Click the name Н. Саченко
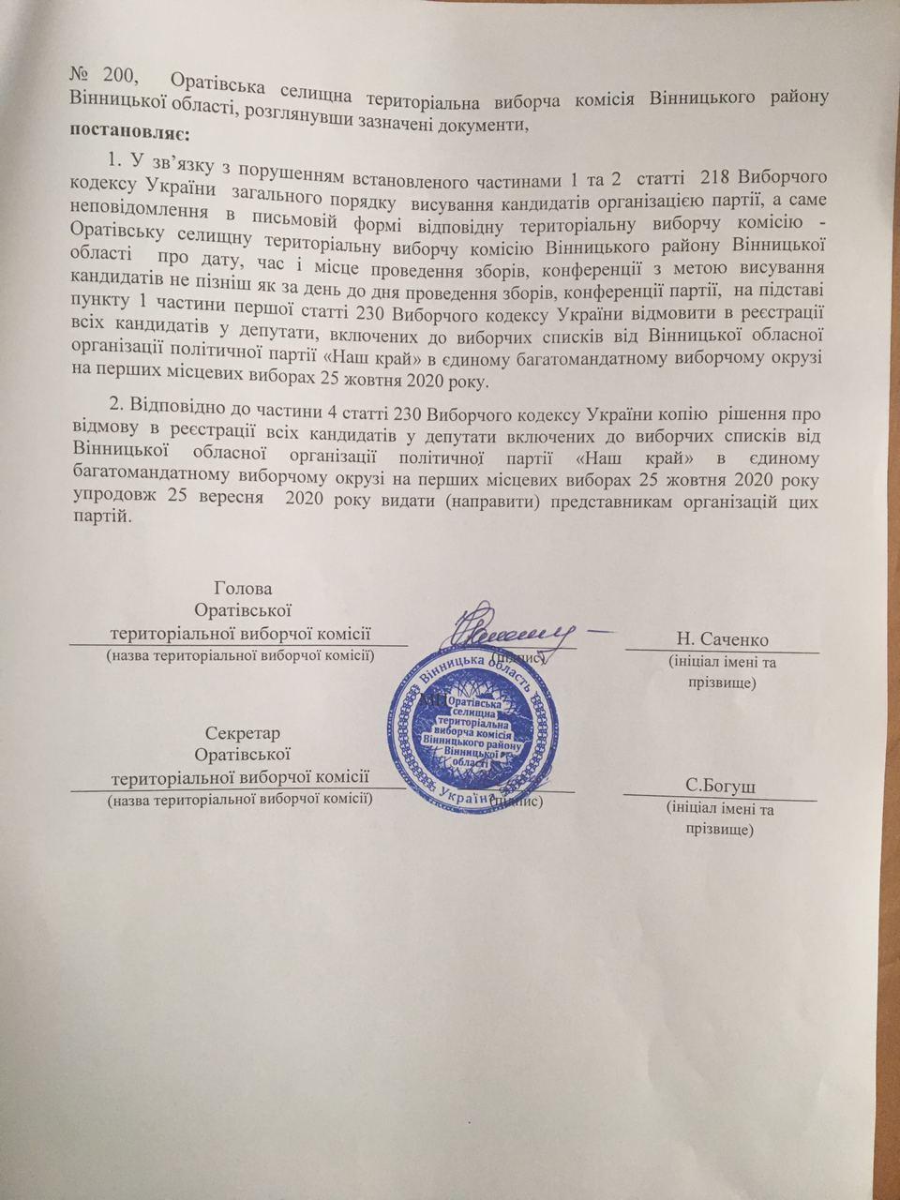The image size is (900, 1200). (x=722, y=639)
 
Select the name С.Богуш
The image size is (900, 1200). (x=720, y=785)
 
